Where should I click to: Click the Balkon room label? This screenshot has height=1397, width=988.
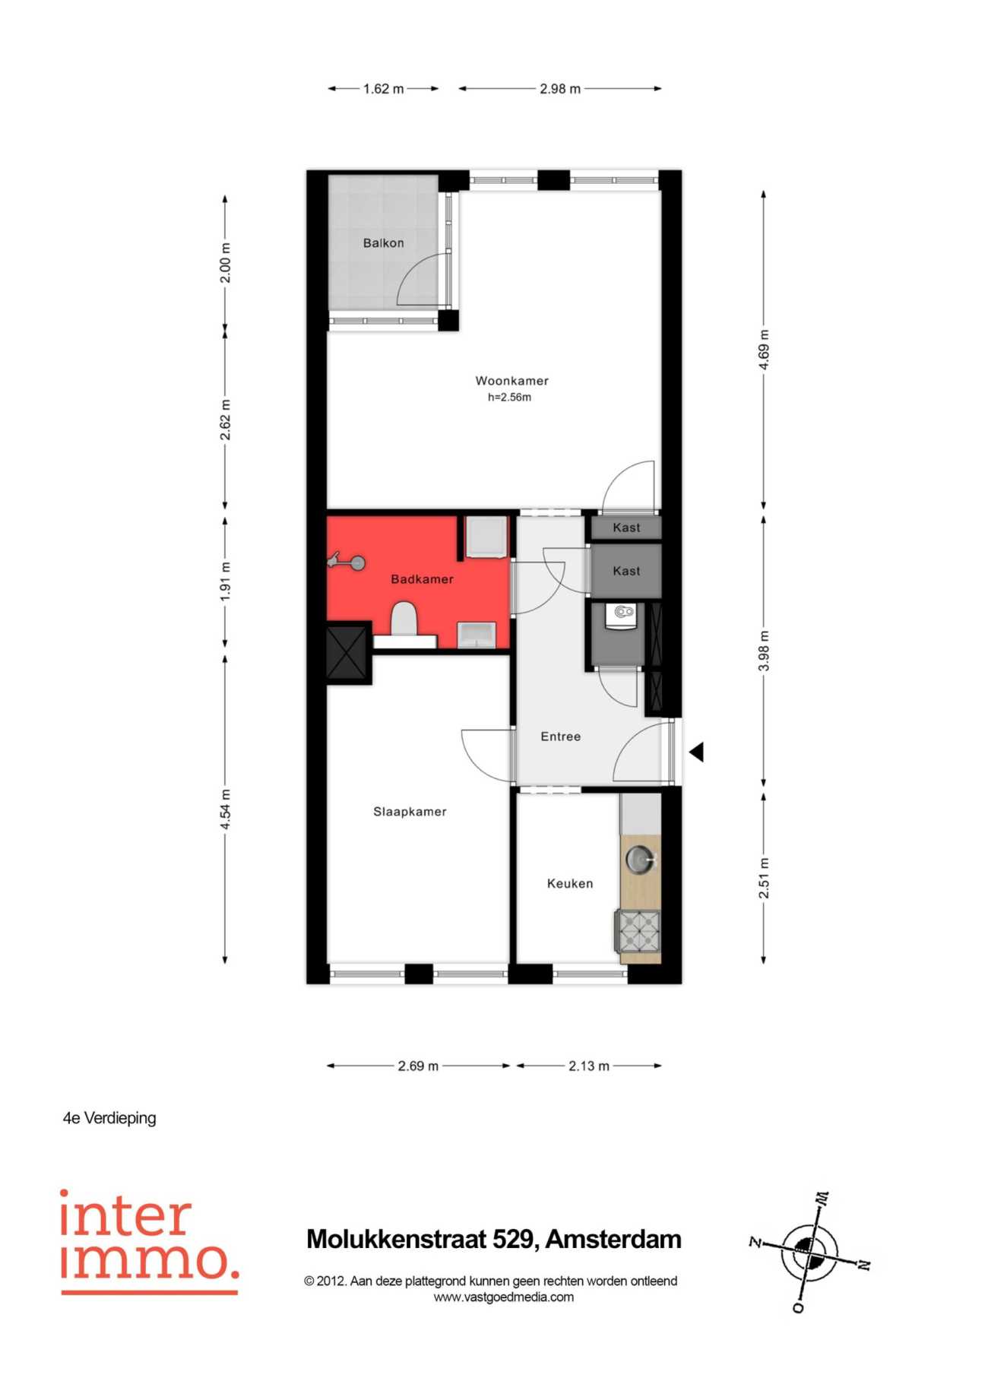click(383, 243)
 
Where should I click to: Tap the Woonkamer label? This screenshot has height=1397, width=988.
click(511, 381)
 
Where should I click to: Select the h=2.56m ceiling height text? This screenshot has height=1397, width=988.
click(509, 398)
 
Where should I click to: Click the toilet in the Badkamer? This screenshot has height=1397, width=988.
click(404, 619)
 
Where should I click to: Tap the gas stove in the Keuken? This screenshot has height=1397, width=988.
click(638, 931)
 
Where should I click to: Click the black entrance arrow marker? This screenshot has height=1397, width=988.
click(696, 752)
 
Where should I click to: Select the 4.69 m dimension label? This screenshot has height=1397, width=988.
click(764, 350)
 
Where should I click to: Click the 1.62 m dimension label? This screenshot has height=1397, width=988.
click(383, 89)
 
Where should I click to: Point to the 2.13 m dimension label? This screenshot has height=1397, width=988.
click(589, 1066)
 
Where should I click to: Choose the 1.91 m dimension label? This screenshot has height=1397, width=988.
click(225, 581)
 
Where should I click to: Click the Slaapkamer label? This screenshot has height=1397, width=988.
click(410, 812)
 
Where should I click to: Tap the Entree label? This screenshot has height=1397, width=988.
click(561, 737)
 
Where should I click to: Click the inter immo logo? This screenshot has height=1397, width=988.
click(149, 1240)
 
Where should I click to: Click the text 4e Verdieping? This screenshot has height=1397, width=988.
click(109, 1118)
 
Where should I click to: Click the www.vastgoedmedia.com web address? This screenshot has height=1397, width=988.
click(504, 1297)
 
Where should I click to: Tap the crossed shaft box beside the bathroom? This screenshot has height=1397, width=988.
click(347, 651)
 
